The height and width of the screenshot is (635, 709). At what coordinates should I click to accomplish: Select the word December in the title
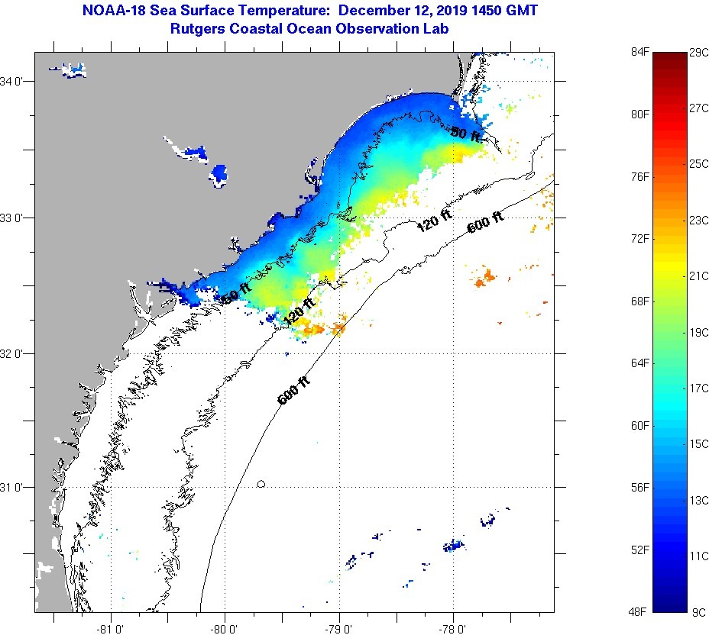point(375,11)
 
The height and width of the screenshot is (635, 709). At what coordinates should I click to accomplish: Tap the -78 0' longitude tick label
point(453,628)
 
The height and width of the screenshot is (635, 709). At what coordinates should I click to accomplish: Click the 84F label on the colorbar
point(639,52)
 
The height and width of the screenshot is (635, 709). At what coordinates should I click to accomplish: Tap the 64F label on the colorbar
point(639,363)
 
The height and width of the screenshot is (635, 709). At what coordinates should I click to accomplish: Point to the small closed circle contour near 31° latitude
point(261,483)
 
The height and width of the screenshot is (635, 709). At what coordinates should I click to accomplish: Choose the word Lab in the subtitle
point(436,28)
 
